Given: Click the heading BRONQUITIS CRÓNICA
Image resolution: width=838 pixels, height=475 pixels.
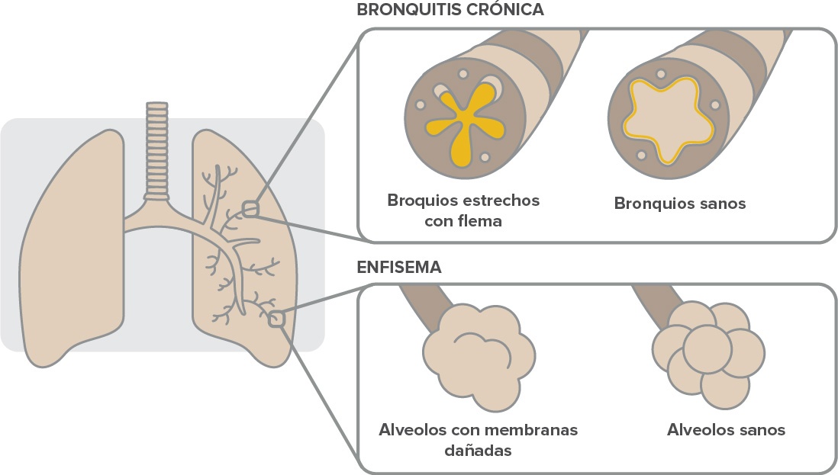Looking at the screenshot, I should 450,11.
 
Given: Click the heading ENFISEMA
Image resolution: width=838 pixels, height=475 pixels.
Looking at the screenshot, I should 399,268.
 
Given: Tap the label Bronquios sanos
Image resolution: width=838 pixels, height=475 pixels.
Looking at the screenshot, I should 679,204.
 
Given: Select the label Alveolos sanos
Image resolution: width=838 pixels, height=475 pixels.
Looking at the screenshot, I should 726,430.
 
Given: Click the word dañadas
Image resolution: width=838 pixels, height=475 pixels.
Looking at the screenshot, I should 478,450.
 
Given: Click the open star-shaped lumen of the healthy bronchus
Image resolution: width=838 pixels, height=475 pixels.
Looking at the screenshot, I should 662,122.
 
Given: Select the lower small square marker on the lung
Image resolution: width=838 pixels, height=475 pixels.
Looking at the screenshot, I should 276,319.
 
